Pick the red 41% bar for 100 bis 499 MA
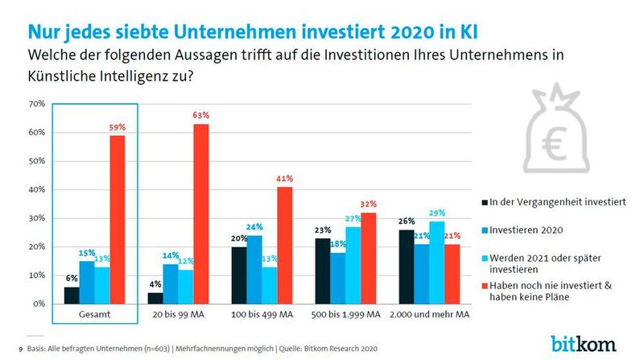pyautogui.click(x=285, y=246)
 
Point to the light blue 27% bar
pyautogui.click(x=353, y=266)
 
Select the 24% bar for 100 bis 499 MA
pyautogui.click(x=254, y=270)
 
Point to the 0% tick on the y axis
pyautogui.click(x=37, y=304)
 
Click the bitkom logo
pyautogui.click(x=584, y=341)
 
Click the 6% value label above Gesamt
pyautogui.click(x=72, y=279)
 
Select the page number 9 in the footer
pyautogui.click(x=19, y=349)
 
